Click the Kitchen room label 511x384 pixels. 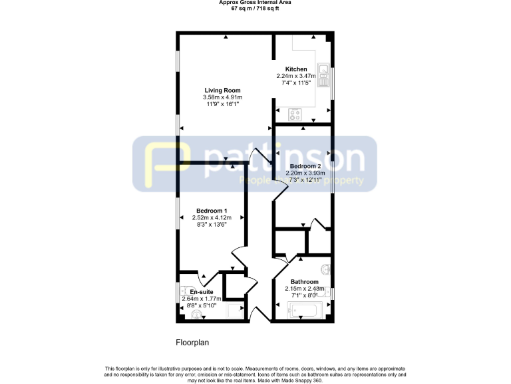coord(296,69)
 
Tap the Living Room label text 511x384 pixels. coord(222,90)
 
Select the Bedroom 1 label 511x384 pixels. coord(211,211)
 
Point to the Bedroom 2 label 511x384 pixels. coord(305,166)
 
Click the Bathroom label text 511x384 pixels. coord(304,282)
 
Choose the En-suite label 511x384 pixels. coord(201,292)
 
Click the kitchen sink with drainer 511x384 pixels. coord(324,75)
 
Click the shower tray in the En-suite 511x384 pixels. coord(236,310)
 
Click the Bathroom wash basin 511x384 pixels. coord(325,270)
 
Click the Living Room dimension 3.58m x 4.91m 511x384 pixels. coord(222,97)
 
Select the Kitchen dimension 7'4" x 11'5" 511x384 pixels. coord(296,83)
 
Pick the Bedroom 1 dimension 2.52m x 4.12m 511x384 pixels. coord(211,217)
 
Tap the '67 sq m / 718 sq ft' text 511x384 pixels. coord(255,8)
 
